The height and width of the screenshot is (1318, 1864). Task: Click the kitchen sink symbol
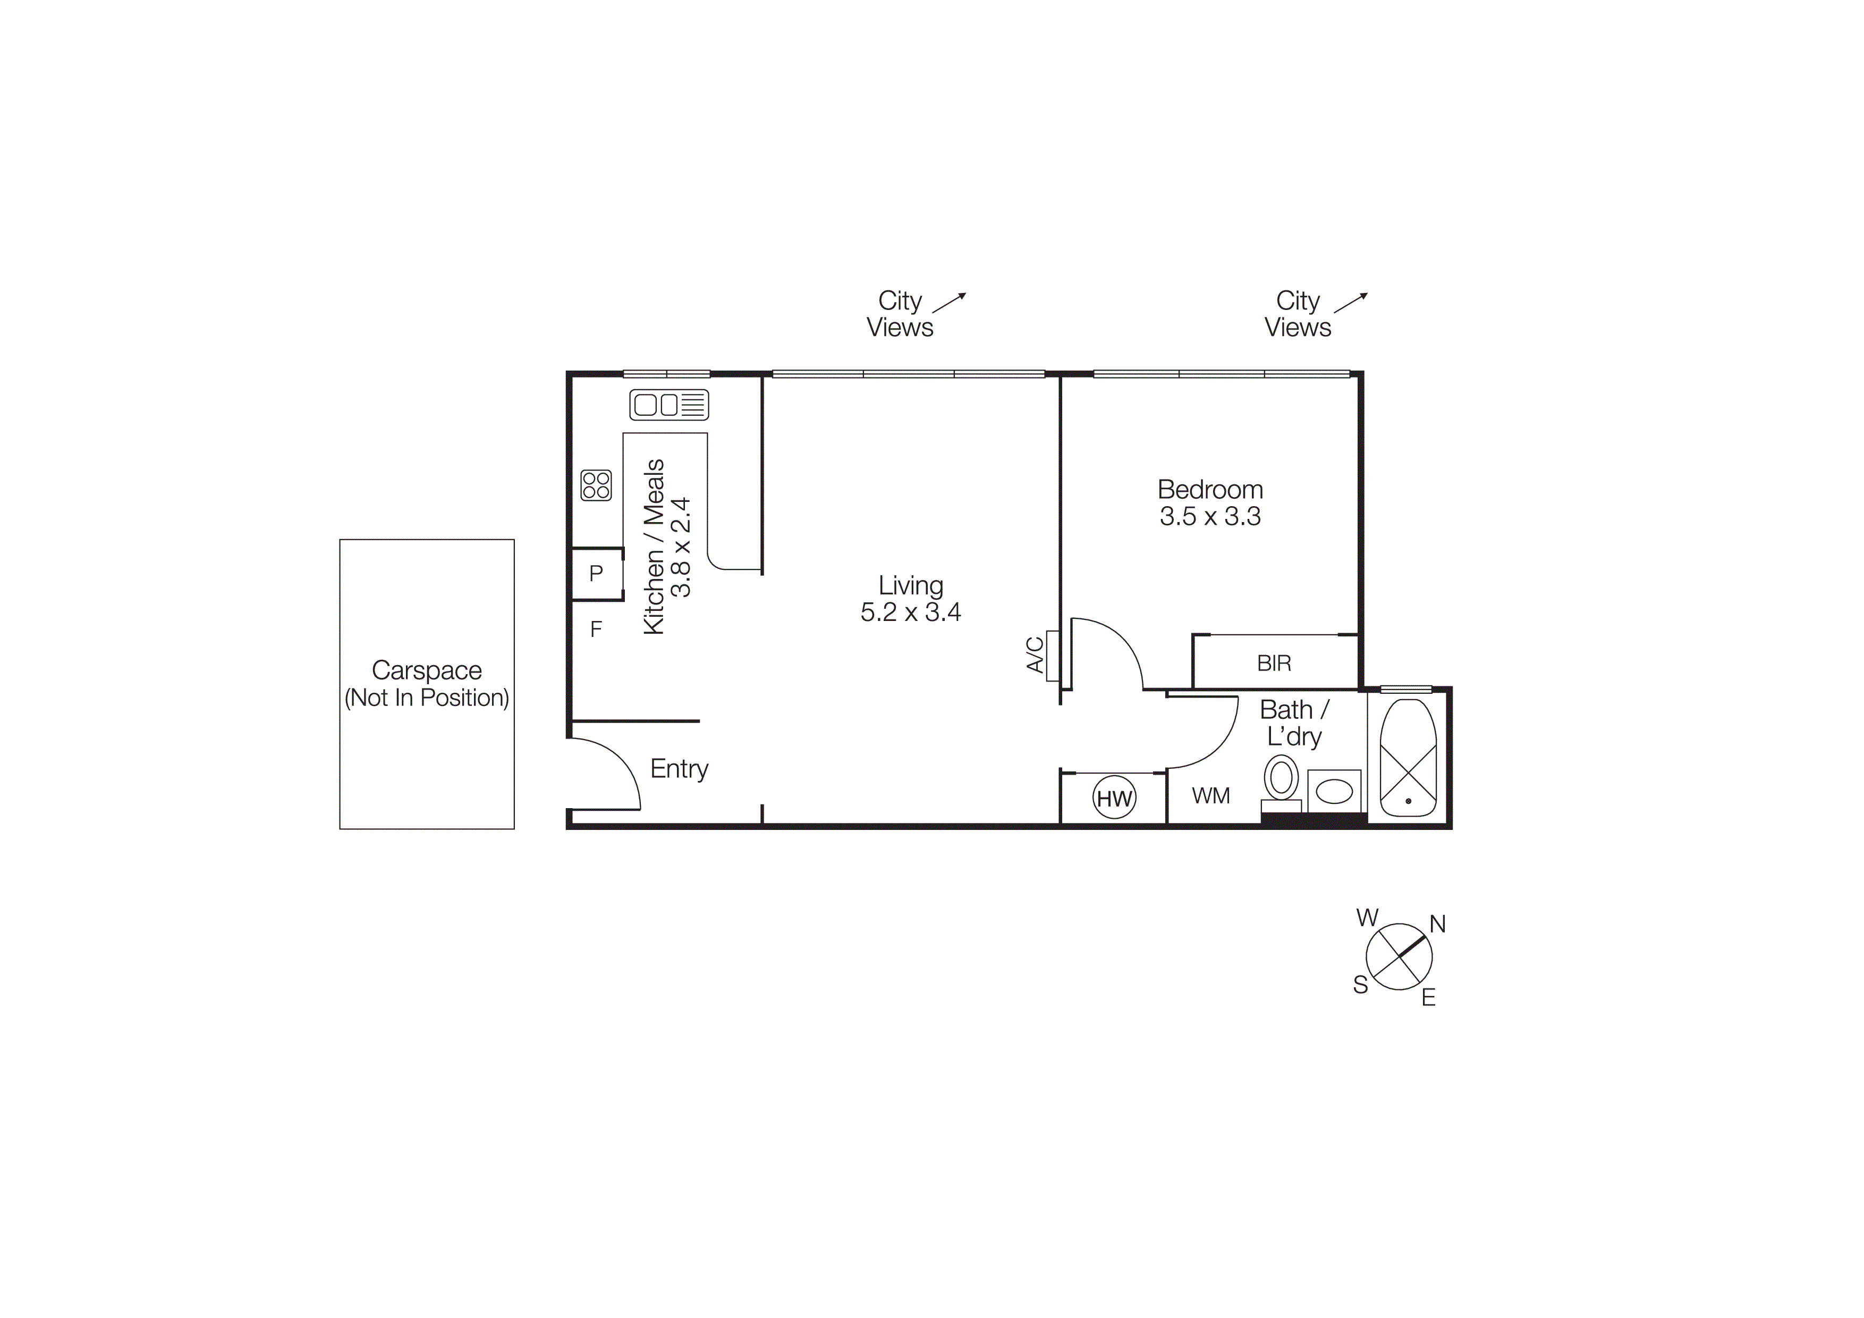point(669,405)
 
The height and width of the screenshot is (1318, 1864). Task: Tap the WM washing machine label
point(1210,796)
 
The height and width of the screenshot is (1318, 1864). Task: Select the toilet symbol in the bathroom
point(1281,778)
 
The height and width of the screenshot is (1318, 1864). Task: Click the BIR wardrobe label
point(1274,664)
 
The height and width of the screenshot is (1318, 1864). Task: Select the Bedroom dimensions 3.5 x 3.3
point(1210,516)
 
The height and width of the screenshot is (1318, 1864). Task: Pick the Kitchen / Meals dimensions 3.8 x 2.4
point(681,547)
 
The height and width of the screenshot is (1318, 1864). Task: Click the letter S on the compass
point(1361,985)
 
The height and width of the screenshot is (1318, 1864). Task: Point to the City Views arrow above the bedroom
point(1350,303)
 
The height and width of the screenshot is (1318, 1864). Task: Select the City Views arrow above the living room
point(949,303)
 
